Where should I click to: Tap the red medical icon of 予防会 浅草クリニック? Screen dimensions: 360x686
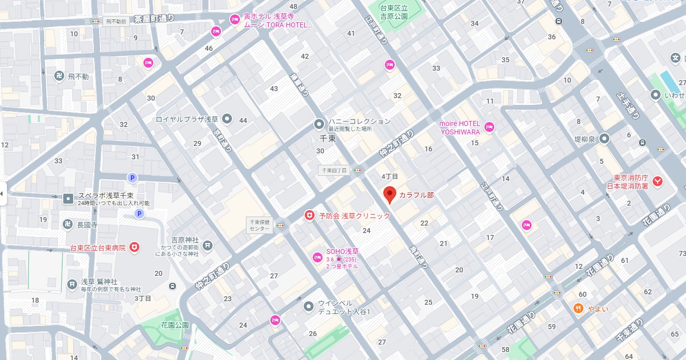[x=310, y=216]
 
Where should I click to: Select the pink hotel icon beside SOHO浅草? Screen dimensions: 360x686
[x=317, y=257]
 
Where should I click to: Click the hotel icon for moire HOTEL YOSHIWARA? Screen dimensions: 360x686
[x=489, y=127]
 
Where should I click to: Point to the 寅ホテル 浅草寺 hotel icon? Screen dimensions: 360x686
[x=234, y=19]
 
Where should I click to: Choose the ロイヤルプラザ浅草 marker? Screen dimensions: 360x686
[x=227, y=119]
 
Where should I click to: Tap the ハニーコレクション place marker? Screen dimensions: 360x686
[x=319, y=123]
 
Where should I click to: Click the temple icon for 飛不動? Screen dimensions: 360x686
[x=59, y=76]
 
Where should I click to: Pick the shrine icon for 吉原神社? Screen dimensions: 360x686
[x=207, y=245]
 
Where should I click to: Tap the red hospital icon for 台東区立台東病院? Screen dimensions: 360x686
[x=134, y=247]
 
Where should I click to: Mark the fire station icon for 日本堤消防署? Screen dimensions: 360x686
[x=658, y=182]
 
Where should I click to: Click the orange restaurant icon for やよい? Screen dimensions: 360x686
[x=578, y=308]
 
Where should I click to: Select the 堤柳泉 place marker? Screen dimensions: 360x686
[x=605, y=139]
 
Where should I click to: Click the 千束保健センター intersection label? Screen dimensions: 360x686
[x=260, y=226]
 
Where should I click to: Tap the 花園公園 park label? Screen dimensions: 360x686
[x=175, y=325]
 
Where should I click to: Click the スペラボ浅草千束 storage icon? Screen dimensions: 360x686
[x=68, y=199]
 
